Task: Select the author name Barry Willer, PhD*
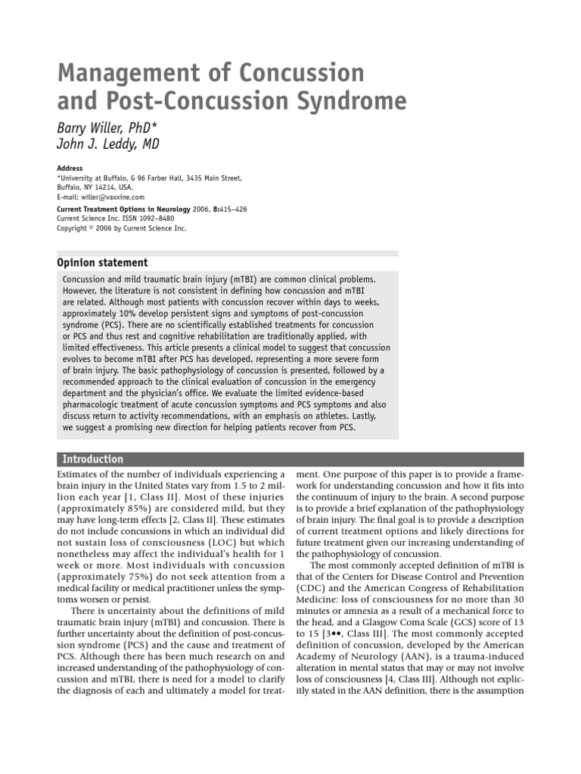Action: click(109, 126)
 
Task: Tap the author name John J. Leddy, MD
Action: click(109, 144)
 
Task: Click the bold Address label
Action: click(70, 168)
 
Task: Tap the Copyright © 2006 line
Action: click(121, 228)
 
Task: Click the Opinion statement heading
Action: click(103, 262)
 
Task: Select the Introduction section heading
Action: click(92, 459)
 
